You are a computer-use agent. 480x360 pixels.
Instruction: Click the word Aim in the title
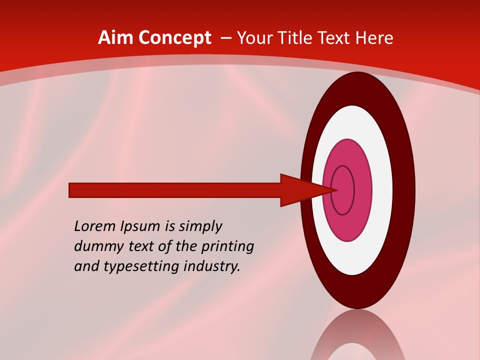(x=116, y=37)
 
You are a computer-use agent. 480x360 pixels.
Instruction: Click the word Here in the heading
(x=374, y=37)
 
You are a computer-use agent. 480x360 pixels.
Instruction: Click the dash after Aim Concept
(x=225, y=38)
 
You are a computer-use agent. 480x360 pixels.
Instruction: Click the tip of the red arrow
(x=336, y=190)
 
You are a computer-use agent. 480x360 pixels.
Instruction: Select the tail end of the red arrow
(x=71, y=190)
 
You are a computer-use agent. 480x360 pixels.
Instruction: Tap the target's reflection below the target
(x=357, y=337)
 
